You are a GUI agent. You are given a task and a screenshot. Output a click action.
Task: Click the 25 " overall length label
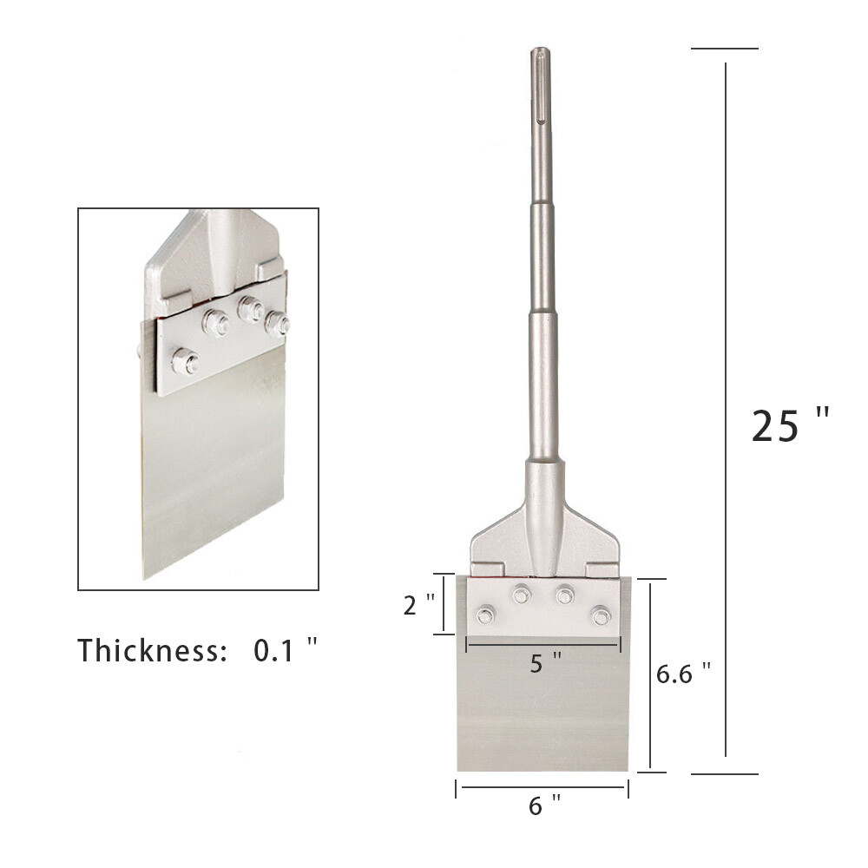pyautogui.click(x=789, y=425)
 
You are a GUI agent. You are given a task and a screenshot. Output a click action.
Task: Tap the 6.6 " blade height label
pyautogui.click(x=684, y=674)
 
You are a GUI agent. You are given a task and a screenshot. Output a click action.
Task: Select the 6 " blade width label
pyautogui.click(x=542, y=806)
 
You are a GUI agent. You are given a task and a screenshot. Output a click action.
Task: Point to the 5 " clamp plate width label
pyautogui.click(x=545, y=664)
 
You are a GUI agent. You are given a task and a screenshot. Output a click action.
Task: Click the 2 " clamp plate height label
pyautogui.click(x=419, y=606)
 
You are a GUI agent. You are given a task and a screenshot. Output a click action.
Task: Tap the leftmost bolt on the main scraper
pyautogui.click(x=486, y=615)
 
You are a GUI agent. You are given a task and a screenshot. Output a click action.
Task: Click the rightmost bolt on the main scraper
pyautogui.click(x=601, y=615)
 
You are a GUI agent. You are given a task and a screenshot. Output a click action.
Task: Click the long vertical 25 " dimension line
pyautogui.click(x=726, y=408)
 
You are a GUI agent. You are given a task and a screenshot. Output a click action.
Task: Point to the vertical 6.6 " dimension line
pyautogui.click(x=651, y=674)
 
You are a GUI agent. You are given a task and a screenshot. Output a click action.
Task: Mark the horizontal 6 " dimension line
pyautogui.click(x=542, y=787)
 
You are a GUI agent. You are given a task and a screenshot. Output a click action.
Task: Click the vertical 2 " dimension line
pyautogui.click(x=444, y=604)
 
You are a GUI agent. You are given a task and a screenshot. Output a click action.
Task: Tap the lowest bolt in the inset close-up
pyautogui.click(x=184, y=360)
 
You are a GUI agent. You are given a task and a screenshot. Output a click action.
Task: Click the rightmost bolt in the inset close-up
pyautogui.click(x=278, y=325)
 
